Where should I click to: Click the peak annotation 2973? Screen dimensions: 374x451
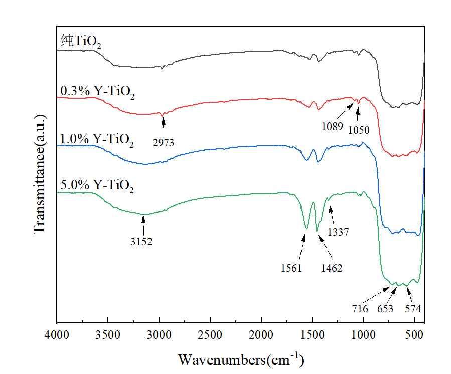click(x=163, y=143)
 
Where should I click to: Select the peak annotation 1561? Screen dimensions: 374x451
click(x=291, y=268)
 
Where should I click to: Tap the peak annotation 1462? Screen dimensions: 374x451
click(x=332, y=268)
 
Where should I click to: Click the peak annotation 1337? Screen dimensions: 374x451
click(x=338, y=232)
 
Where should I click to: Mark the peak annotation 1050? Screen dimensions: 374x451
click(x=359, y=130)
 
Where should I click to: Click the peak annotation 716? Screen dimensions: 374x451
click(x=360, y=309)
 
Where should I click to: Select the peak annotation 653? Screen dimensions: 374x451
click(x=385, y=309)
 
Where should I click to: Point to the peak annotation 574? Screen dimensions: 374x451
click(x=413, y=309)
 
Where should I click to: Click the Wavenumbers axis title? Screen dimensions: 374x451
click(x=241, y=359)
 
